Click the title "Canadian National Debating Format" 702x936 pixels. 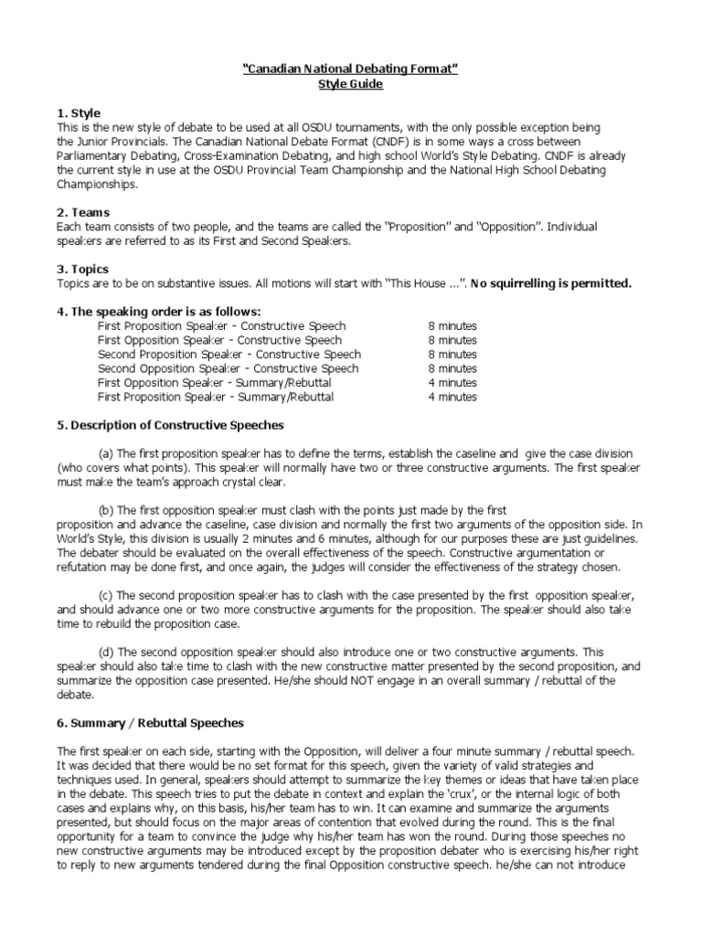(x=351, y=69)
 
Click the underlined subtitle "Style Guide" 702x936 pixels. (x=351, y=84)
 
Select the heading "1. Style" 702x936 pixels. (x=79, y=112)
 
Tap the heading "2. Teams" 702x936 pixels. (x=83, y=212)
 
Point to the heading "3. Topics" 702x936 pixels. (x=82, y=269)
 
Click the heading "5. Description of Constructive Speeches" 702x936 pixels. (x=170, y=425)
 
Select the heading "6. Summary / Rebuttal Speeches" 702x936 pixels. (x=150, y=723)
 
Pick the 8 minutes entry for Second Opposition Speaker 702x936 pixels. (x=452, y=368)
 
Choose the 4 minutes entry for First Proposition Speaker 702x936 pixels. (x=452, y=398)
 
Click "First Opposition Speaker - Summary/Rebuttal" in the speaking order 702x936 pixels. (x=215, y=383)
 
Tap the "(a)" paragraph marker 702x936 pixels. (x=106, y=454)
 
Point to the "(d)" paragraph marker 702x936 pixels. (x=106, y=652)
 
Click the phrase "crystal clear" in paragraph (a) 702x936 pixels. (x=251, y=483)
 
